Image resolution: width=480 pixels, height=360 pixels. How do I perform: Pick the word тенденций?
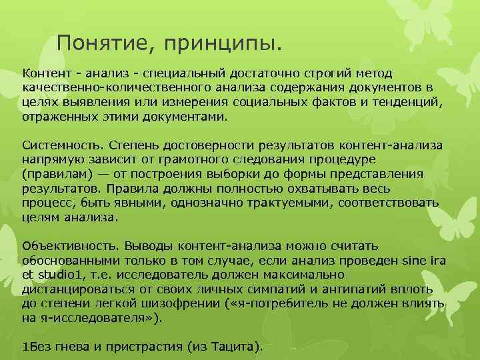click(x=404, y=101)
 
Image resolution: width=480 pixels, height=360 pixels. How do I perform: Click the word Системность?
click(x=59, y=145)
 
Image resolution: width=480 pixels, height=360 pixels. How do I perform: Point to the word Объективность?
click(x=64, y=247)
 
